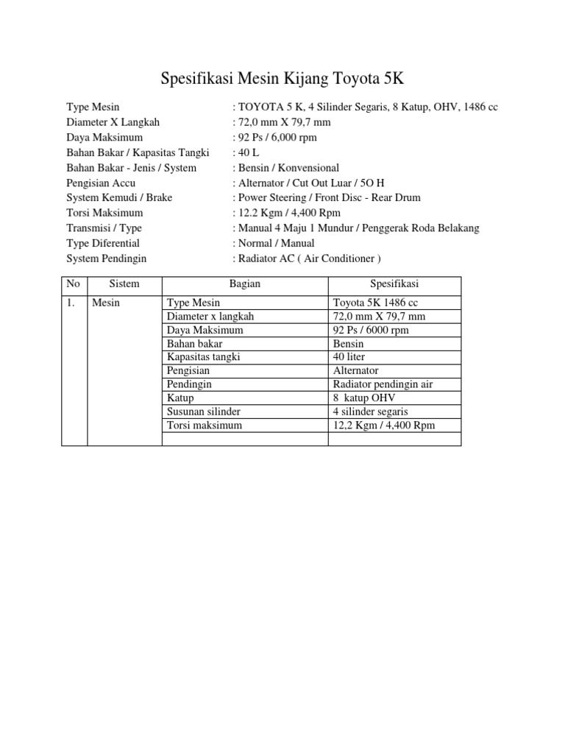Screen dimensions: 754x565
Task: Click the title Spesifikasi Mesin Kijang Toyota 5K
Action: click(x=282, y=78)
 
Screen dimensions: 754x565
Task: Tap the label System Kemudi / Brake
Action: click(x=119, y=197)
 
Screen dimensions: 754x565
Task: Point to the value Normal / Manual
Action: click(x=274, y=243)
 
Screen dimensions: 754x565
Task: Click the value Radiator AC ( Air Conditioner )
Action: click(x=308, y=258)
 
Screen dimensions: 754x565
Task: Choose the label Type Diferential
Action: click(x=103, y=243)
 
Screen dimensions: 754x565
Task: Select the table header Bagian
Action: click(x=244, y=283)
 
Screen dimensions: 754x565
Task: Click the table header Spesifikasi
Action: click(x=394, y=283)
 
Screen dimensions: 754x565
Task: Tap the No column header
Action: click(x=74, y=283)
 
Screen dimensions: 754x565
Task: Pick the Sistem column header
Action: click(x=124, y=283)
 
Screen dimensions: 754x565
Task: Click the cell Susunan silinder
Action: click(x=204, y=412)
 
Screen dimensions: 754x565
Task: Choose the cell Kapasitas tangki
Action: click(x=204, y=357)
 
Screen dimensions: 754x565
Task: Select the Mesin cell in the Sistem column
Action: click(x=106, y=303)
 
